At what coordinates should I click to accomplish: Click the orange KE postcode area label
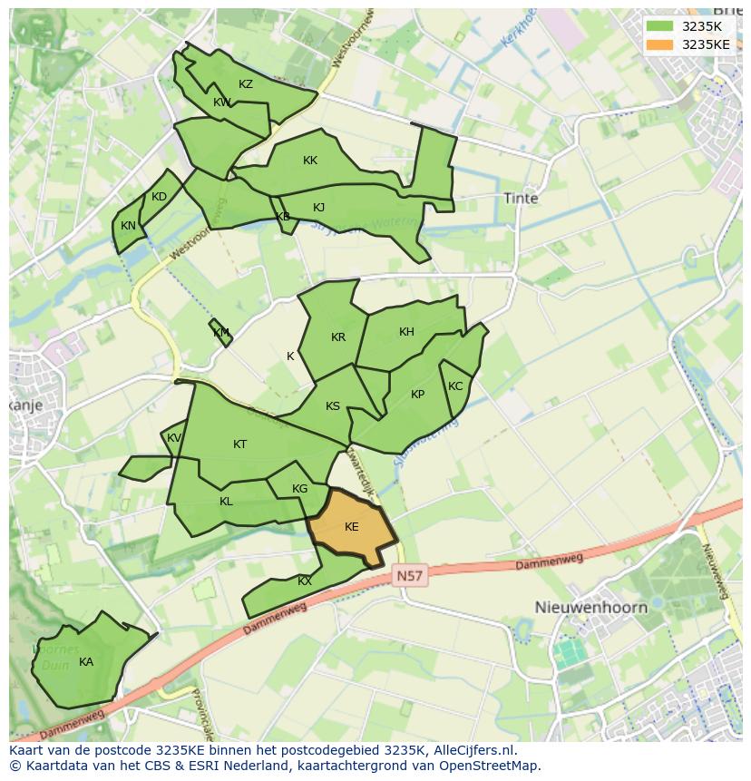352,527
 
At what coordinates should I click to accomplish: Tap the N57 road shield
410,576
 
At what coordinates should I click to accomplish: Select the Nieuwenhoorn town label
590,607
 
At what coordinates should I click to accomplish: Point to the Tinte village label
521,198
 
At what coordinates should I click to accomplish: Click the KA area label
86,662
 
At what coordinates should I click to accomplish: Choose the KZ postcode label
246,84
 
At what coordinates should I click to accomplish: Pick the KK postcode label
310,161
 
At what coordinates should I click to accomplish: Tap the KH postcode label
406,332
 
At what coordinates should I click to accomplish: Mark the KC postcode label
455,386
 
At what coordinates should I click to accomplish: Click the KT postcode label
239,444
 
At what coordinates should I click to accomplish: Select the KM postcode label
221,333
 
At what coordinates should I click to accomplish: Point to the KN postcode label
129,226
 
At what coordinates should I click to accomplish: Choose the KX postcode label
305,581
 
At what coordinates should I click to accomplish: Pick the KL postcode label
226,502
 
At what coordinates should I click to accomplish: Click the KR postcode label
338,337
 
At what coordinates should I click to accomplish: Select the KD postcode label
160,197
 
